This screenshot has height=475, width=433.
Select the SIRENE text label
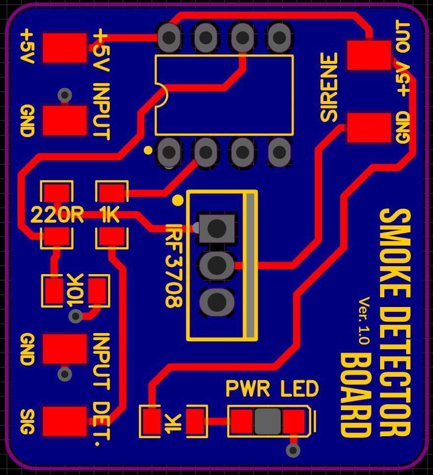point(329,87)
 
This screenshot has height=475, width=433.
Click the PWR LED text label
point(271,389)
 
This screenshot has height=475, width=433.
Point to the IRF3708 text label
point(174,265)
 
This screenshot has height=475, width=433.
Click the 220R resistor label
point(57,215)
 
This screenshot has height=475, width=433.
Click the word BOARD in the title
point(355,395)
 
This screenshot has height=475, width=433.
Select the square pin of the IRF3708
point(216,228)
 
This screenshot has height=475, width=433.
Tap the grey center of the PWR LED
point(268,421)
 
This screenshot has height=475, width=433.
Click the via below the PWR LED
point(293,450)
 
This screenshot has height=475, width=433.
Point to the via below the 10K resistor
point(76,316)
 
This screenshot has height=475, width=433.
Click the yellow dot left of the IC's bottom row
point(148,149)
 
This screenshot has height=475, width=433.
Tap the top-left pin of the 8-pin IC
point(169,37)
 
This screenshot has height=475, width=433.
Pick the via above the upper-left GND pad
point(64,95)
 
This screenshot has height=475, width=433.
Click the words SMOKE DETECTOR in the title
point(395,322)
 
